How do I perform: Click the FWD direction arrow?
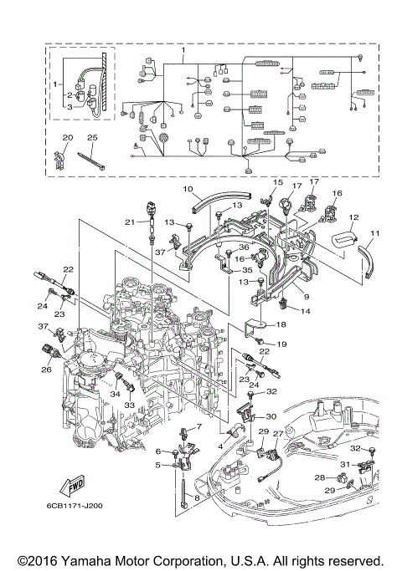pyautogui.click(x=73, y=487)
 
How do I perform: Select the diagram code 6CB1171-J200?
pyautogui.click(x=75, y=506)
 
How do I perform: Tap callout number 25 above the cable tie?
pyautogui.click(x=92, y=137)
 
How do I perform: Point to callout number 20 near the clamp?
pyautogui.click(x=68, y=137)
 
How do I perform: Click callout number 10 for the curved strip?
pyautogui.click(x=188, y=189)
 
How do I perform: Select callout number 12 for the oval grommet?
pyautogui.click(x=353, y=217)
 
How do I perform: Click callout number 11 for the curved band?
pyautogui.click(x=375, y=233)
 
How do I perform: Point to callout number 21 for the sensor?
pyautogui.click(x=130, y=222)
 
